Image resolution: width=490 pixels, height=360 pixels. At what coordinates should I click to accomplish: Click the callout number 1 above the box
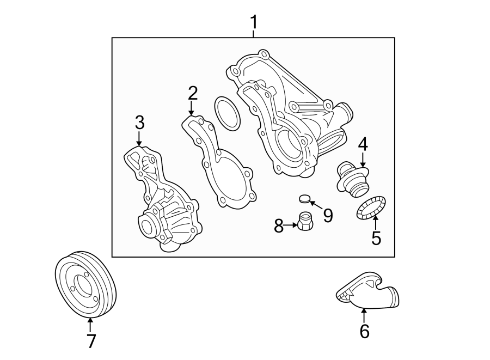[253, 23]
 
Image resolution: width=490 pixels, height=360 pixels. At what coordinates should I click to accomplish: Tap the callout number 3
[139, 123]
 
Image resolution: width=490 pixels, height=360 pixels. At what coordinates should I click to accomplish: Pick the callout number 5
[376, 238]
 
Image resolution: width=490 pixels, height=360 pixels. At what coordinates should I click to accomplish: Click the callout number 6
[364, 331]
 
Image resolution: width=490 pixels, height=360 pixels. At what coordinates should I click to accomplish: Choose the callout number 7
[91, 341]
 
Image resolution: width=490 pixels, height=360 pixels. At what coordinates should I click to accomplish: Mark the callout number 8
[279, 225]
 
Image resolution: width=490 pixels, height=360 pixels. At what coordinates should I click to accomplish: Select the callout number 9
[328, 216]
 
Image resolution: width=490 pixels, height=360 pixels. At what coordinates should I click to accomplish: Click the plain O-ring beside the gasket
[227, 114]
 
